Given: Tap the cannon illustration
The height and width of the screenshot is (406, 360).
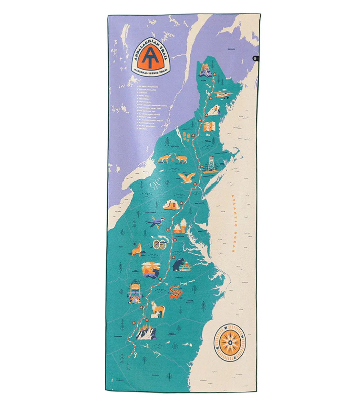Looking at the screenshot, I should click(160, 243).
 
